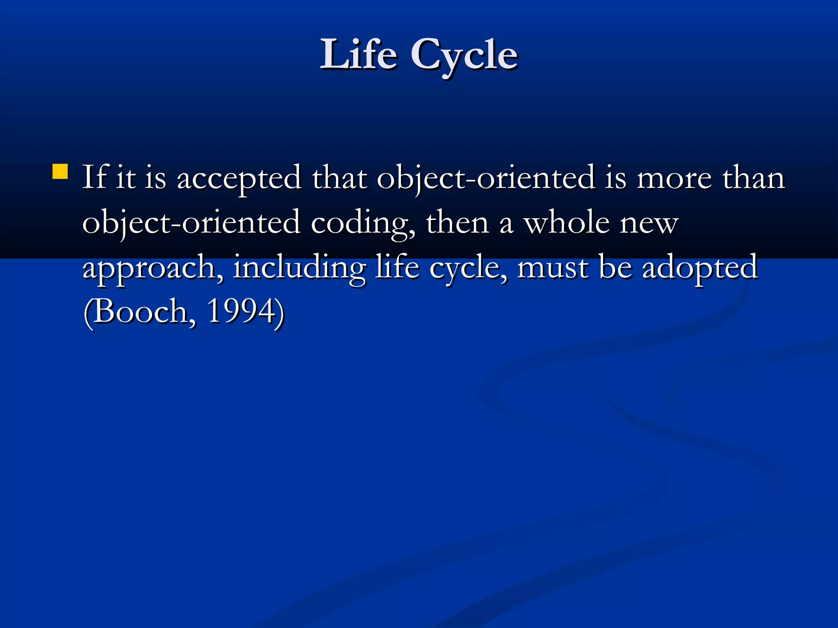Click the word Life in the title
coord(358,54)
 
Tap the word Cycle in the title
coord(464,55)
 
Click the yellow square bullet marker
coord(60,172)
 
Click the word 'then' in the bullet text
coord(457,223)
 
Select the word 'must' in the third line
coord(553,268)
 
